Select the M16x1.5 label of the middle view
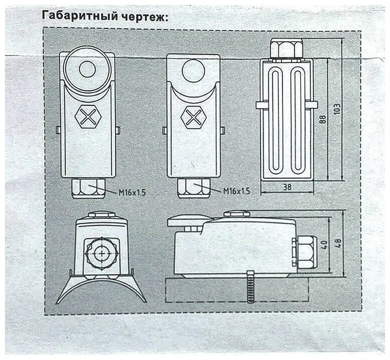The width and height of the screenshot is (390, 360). click(235, 190)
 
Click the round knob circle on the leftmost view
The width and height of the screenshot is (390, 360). click(87, 68)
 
